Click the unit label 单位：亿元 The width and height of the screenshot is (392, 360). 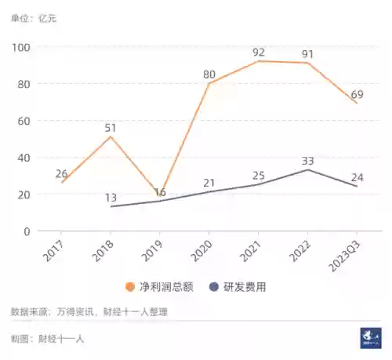click(x=34, y=16)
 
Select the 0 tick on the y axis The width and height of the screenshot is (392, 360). click(x=26, y=231)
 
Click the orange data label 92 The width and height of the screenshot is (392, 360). click(x=259, y=53)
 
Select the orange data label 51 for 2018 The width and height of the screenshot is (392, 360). click(x=111, y=128)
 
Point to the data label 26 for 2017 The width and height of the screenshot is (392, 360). click(x=60, y=173)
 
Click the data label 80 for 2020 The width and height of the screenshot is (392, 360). click(x=209, y=75)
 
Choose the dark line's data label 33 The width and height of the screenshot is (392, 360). click(x=308, y=162)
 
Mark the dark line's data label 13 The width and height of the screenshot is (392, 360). click(x=111, y=198)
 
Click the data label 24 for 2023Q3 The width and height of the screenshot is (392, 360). click(x=357, y=177)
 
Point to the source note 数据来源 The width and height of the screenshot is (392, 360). click(x=89, y=312)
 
